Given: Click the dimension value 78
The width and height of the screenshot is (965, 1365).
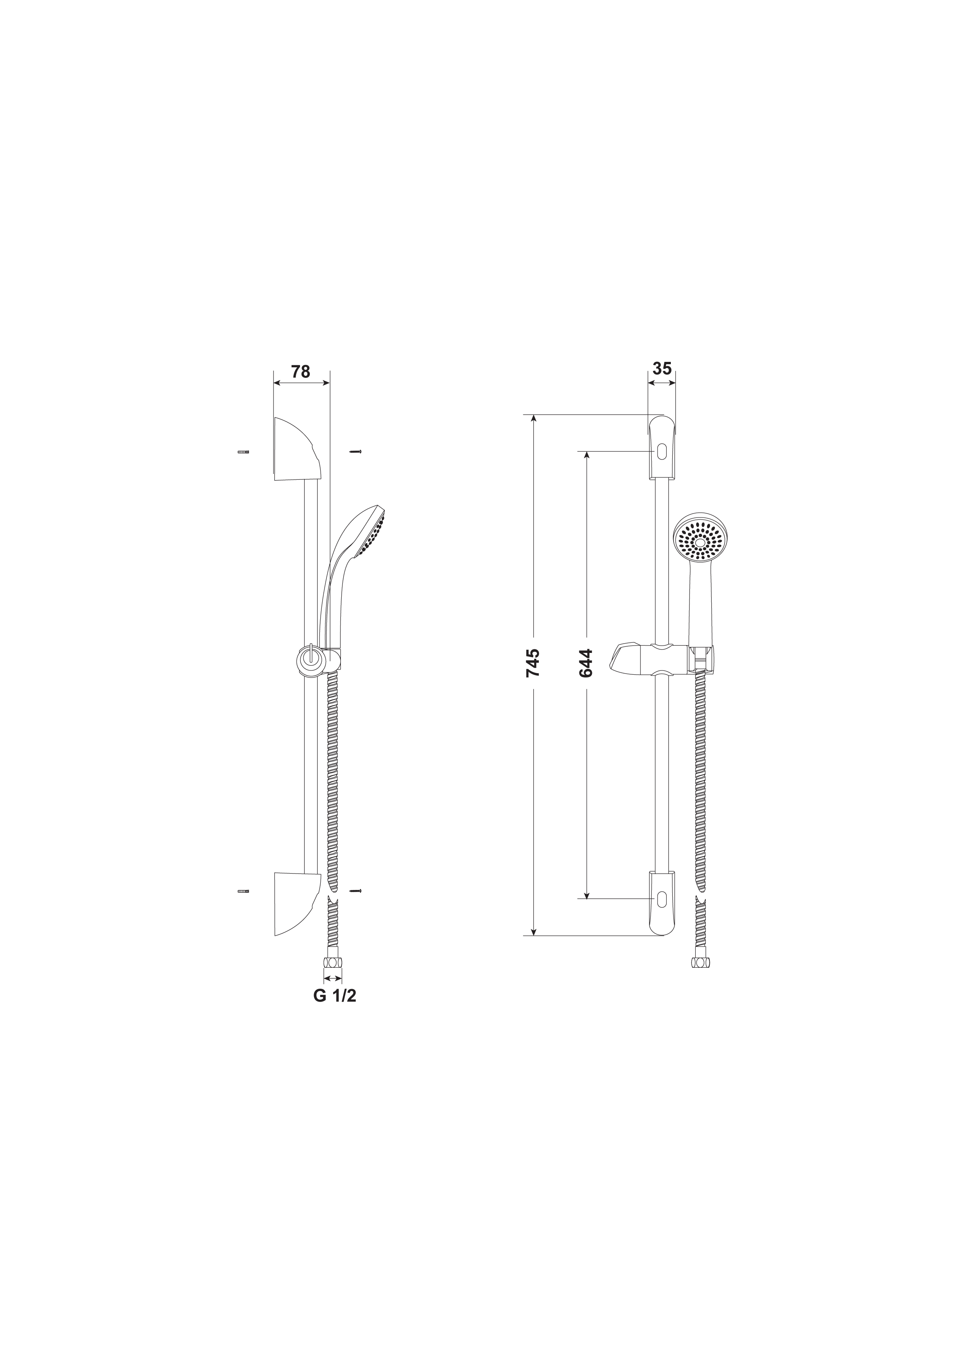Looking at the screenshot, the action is (x=300, y=372).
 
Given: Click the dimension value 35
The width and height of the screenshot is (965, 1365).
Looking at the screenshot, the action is (x=662, y=368).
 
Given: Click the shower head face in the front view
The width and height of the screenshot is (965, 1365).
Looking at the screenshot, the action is (x=700, y=540).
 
